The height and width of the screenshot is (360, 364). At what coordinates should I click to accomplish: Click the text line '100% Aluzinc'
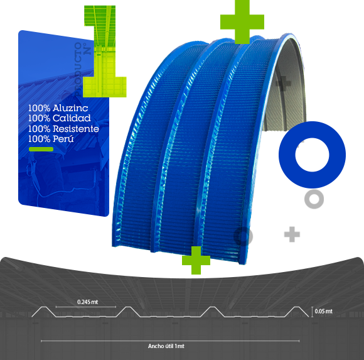(58, 108)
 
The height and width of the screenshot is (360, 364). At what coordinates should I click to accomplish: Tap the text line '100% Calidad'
(60, 118)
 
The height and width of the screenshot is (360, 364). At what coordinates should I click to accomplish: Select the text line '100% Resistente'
(63, 129)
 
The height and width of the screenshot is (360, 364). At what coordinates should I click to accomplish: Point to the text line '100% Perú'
(51, 139)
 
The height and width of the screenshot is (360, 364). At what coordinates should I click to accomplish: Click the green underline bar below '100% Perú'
(41, 149)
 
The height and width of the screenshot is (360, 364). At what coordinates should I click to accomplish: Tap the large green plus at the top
(242, 22)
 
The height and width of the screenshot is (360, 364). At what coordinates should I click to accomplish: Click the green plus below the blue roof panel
(196, 260)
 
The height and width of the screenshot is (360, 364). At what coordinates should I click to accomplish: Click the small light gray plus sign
(292, 234)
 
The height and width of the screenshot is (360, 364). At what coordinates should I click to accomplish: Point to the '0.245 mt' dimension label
(87, 302)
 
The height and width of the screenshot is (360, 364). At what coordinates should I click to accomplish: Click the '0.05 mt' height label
(324, 311)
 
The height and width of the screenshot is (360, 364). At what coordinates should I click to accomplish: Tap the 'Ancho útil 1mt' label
(166, 346)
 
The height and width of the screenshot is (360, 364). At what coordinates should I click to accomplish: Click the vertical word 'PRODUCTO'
(78, 69)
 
